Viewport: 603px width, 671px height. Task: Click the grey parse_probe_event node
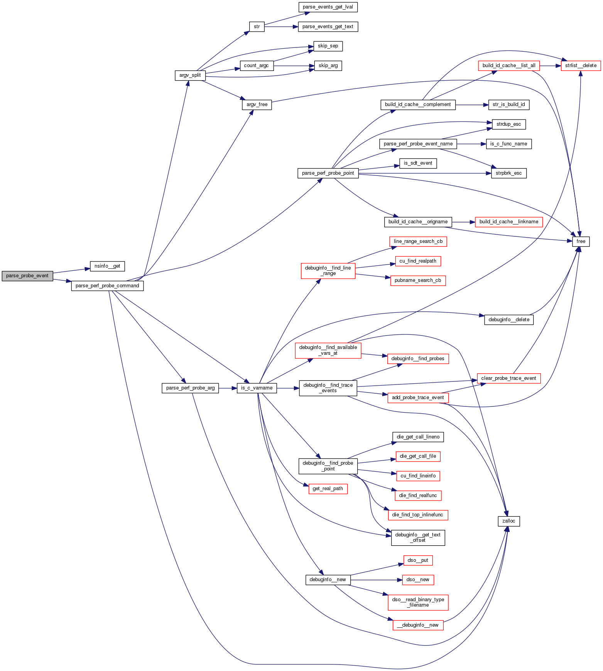coord(27,276)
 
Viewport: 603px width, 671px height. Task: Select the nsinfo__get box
coord(107,266)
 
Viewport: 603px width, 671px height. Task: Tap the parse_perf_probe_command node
coord(107,286)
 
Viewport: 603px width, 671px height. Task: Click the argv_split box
coord(190,75)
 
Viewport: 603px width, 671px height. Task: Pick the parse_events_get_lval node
coord(328,7)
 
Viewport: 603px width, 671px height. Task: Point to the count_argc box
coord(256,66)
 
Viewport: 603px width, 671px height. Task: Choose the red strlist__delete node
coord(581,66)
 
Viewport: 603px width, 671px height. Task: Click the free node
coord(581,241)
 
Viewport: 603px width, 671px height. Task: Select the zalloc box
coord(509,521)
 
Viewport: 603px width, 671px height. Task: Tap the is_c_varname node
coord(257,388)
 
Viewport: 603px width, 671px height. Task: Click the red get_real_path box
coord(328,489)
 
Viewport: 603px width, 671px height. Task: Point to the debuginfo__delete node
coord(509,320)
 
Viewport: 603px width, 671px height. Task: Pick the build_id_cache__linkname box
coord(509,222)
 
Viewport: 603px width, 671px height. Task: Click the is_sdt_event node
coord(418,163)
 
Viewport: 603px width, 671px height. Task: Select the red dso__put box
coord(418,560)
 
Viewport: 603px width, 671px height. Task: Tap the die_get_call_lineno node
coord(418,437)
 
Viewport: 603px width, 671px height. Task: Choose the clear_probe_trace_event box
coord(508,378)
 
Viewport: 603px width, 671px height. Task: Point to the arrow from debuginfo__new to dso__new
coord(376,580)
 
